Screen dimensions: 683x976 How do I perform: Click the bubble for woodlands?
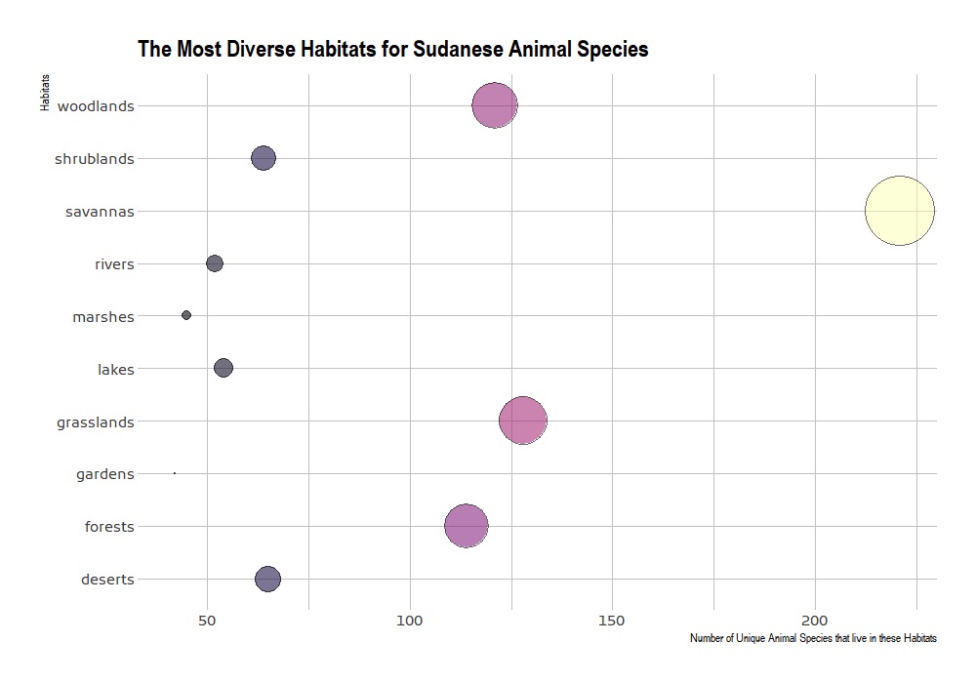495,105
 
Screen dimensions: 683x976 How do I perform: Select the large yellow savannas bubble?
900,211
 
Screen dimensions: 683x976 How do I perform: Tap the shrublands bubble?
263,158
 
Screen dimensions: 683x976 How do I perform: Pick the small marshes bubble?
186,315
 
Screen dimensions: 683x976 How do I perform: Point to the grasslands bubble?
522,421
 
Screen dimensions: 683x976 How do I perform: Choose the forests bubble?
467,526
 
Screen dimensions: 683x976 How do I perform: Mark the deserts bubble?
267,579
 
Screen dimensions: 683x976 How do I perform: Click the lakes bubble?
224,368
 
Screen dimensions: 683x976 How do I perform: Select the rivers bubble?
215,263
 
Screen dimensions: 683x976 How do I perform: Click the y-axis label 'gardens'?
104,475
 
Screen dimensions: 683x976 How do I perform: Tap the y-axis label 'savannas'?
100,212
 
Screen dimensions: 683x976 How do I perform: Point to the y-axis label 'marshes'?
102,317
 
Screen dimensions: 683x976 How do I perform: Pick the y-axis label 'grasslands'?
95,422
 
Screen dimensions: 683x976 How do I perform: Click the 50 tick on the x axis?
207,621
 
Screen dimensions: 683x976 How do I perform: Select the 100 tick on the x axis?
410,621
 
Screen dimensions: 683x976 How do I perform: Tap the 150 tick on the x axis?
612,621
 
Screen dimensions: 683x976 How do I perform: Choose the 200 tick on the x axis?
815,621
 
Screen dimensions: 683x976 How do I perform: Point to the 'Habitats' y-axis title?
46,94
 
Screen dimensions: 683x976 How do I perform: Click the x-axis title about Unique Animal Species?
813,639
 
